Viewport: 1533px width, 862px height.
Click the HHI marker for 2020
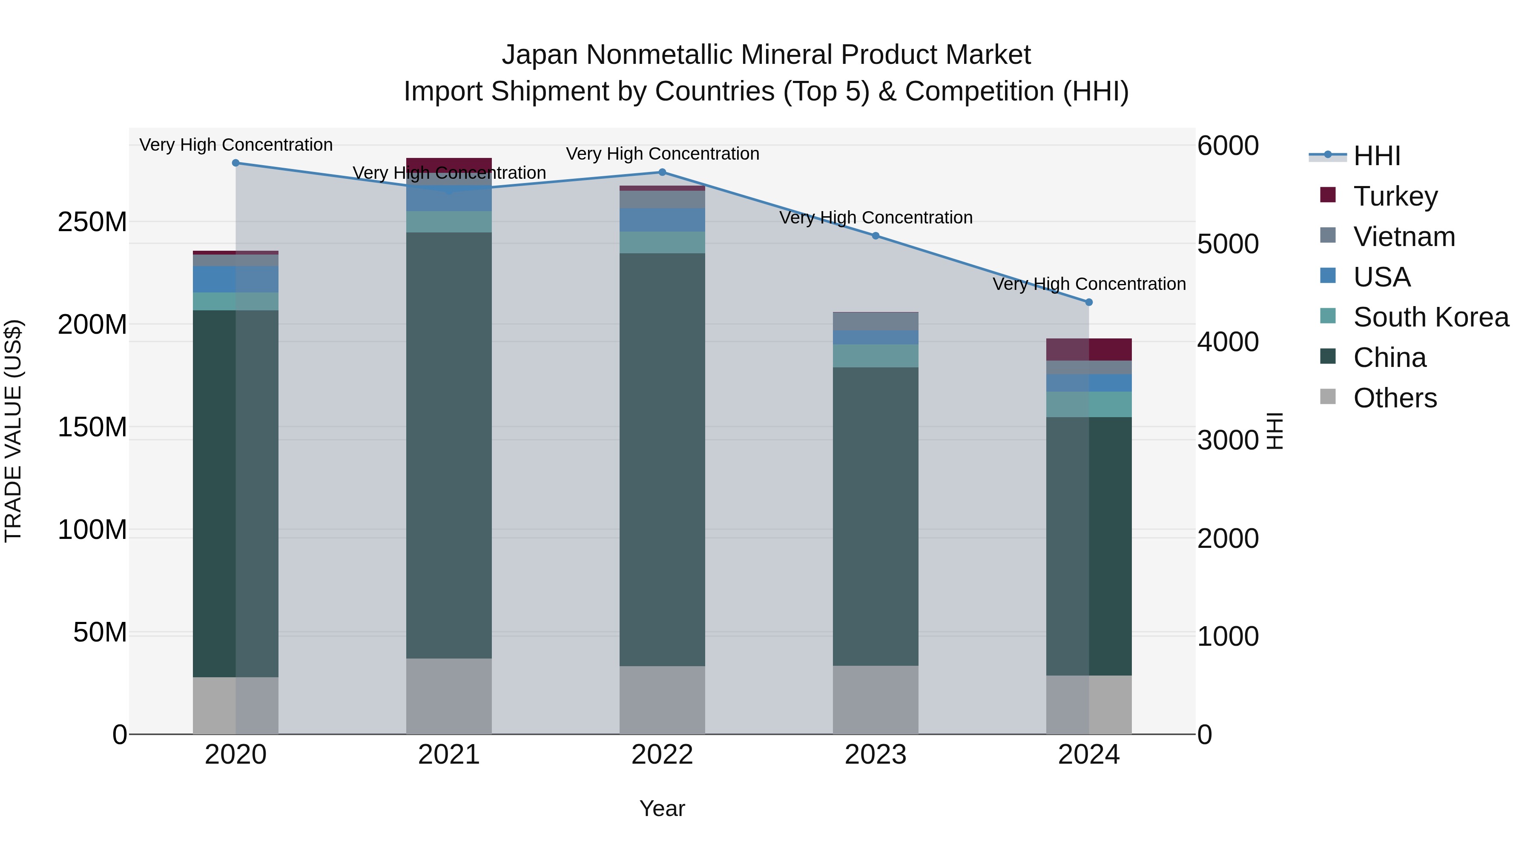click(235, 163)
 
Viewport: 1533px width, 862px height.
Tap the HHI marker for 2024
click(1089, 302)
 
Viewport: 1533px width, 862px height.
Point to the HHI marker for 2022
click(662, 172)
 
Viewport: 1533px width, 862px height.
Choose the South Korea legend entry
click(1431, 317)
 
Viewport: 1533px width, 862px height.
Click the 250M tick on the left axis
click(92, 222)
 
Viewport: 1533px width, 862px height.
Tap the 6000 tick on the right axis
click(1228, 146)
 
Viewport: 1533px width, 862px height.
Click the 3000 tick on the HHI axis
click(1228, 440)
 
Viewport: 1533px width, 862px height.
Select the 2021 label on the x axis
click(449, 755)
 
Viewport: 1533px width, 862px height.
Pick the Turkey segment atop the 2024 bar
click(1089, 350)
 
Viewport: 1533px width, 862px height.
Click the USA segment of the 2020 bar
click(235, 279)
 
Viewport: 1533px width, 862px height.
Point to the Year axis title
click(662, 809)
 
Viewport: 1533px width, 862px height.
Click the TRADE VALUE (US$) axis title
click(14, 431)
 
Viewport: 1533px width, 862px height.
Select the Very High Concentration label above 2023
click(876, 218)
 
